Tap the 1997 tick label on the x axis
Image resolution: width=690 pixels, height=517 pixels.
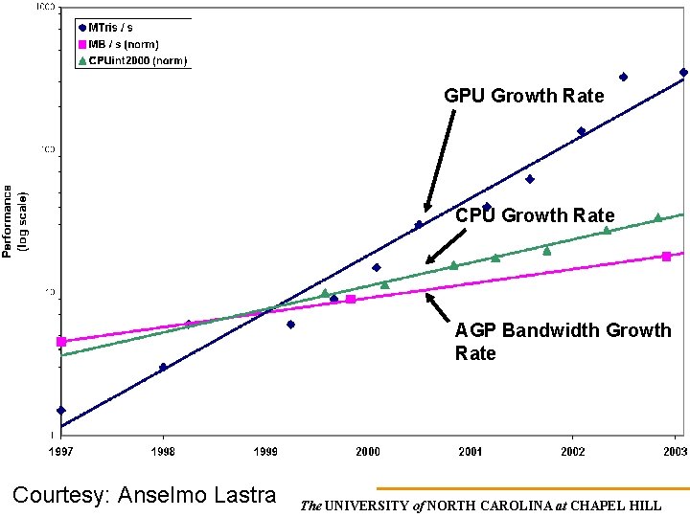(x=61, y=451)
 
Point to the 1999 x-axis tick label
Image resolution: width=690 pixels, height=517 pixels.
(x=265, y=451)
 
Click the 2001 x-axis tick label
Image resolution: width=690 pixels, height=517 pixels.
(x=471, y=451)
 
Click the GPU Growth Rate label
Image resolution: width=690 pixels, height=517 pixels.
(x=523, y=96)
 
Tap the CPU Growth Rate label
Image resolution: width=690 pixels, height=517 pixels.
(x=535, y=215)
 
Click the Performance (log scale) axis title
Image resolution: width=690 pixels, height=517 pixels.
(x=16, y=220)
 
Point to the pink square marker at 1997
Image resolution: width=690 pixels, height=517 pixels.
(x=61, y=342)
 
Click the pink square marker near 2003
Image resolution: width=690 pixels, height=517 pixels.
(x=666, y=257)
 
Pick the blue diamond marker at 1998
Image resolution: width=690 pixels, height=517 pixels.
(x=163, y=367)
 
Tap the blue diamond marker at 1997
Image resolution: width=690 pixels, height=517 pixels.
(x=61, y=411)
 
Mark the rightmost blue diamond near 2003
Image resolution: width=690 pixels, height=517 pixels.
(x=683, y=72)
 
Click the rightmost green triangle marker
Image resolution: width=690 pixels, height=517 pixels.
(x=657, y=218)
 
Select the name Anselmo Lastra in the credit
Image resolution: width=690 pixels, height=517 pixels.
(x=196, y=495)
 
